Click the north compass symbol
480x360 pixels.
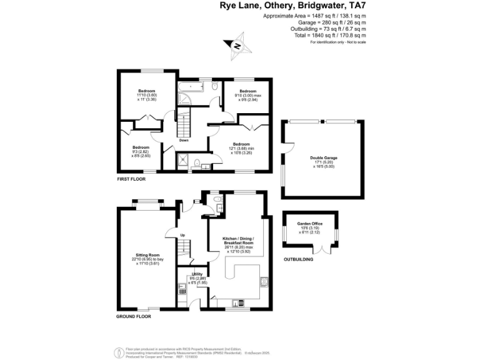click(x=237, y=45)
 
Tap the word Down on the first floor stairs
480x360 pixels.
click(x=184, y=140)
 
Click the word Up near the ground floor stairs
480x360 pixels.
click(x=183, y=235)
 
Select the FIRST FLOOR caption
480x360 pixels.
click(x=131, y=179)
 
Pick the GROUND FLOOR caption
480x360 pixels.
click(x=134, y=317)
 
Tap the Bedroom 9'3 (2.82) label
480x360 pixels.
click(x=141, y=151)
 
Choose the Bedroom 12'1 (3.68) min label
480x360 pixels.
click(x=241, y=147)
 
